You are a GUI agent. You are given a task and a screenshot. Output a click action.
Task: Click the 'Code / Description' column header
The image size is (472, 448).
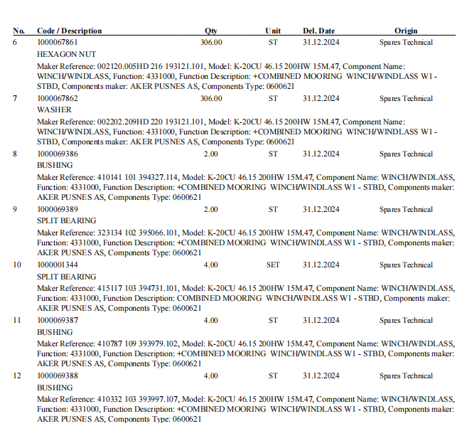(x=69, y=31)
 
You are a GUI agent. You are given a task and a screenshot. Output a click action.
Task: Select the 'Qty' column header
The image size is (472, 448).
(x=211, y=31)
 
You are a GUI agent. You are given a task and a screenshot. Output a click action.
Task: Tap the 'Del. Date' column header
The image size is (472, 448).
(x=318, y=31)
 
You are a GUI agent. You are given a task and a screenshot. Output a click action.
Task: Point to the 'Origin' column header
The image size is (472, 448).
(x=406, y=31)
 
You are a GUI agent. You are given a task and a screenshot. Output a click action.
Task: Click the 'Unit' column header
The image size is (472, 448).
(x=273, y=31)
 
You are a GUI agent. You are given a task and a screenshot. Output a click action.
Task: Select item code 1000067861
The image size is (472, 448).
(x=58, y=43)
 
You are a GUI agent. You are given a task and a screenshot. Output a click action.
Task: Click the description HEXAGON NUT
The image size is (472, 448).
(x=66, y=54)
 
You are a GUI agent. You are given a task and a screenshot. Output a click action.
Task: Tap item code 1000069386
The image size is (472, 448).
(x=58, y=154)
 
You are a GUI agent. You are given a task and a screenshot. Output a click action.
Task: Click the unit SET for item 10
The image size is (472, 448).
(x=273, y=265)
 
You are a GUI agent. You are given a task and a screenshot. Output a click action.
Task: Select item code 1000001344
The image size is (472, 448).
(x=58, y=265)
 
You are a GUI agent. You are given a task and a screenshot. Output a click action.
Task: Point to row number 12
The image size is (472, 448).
(x=18, y=376)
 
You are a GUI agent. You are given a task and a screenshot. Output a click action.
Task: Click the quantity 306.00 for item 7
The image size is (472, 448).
(x=211, y=99)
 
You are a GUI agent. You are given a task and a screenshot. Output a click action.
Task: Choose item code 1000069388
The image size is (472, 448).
(x=58, y=376)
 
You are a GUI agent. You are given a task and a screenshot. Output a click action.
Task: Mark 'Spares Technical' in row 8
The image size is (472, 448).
(x=406, y=154)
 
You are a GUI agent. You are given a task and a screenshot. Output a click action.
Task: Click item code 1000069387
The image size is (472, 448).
(x=58, y=321)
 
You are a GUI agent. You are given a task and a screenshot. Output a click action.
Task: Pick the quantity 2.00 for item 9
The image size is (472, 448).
(x=211, y=210)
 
